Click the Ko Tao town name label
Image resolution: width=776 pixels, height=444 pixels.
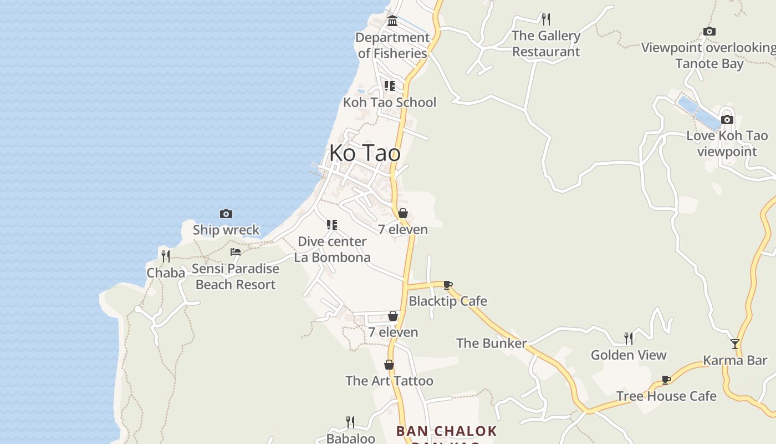365,153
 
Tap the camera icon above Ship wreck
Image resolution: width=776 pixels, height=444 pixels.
226,214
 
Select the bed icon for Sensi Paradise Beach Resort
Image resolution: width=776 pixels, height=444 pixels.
236,252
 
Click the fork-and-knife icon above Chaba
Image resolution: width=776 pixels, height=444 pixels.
165,256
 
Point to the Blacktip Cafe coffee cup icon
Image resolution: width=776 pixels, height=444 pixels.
448,285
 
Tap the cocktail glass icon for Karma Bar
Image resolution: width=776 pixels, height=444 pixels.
735,344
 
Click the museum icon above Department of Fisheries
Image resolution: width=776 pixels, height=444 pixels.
392,21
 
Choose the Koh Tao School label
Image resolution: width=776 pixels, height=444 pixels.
389,102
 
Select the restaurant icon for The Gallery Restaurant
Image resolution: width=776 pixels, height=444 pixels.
546,19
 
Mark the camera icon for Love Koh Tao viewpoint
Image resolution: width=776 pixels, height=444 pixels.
727,119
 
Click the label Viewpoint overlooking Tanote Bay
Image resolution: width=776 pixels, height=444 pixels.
709,56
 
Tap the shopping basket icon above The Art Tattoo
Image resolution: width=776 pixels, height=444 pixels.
389,365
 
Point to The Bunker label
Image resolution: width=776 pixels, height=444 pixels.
491,343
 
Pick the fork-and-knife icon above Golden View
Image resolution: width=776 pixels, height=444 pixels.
629,338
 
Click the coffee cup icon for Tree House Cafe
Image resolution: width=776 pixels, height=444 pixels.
666,380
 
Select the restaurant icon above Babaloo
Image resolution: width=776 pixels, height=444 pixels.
350,422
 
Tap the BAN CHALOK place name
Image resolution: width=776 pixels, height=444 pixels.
446,431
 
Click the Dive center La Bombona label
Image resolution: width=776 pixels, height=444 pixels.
332,249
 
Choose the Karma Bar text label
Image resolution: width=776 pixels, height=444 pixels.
735,360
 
